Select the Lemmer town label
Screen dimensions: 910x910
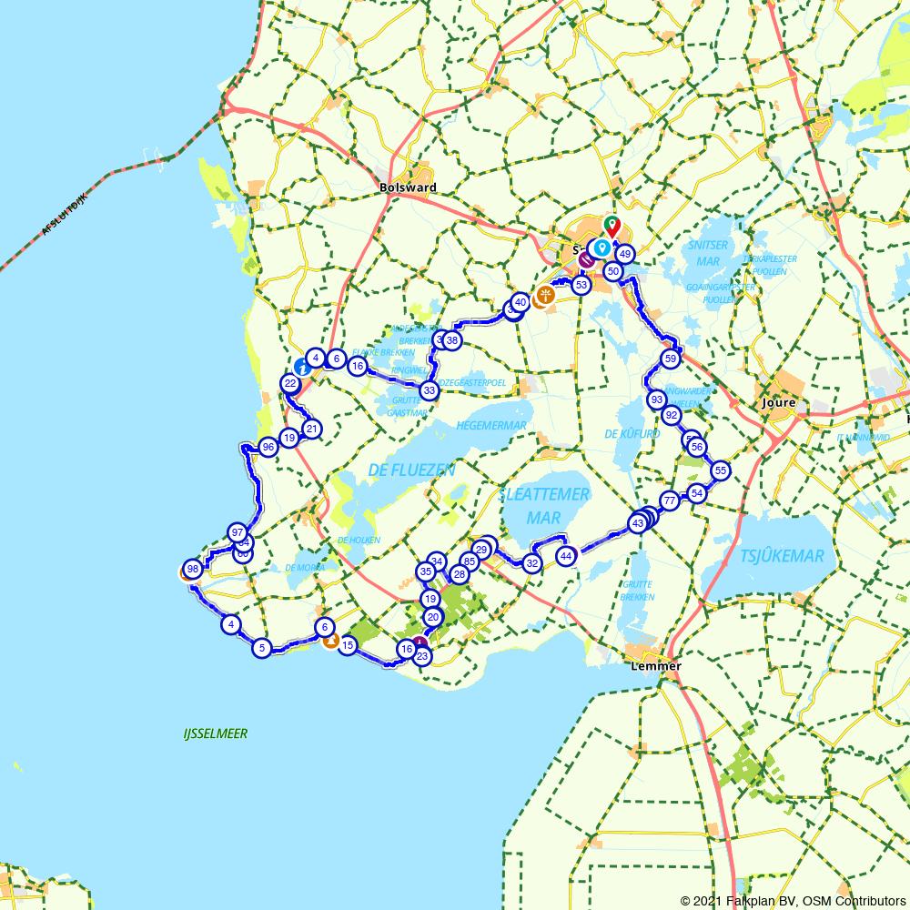coord(655,666)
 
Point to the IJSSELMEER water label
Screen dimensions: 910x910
coord(215,733)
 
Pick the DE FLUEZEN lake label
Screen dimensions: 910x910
coord(411,470)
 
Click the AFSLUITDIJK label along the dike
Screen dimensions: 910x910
coord(64,215)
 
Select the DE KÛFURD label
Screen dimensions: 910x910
coord(632,434)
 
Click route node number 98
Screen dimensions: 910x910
coord(191,568)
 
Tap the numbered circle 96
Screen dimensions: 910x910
coord(268,447)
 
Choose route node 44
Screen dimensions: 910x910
coord(566,555)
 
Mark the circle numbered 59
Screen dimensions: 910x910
coord(671,359)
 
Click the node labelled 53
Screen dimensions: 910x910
coord(581,285)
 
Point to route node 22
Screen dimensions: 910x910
coord(290,383)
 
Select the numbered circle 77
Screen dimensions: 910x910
coord(670,500)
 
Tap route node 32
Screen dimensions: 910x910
coord(532,563)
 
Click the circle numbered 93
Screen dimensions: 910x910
coord(656,399)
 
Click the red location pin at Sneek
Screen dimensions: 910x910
coord(613,225)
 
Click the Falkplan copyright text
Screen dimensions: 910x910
coord(793,901)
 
